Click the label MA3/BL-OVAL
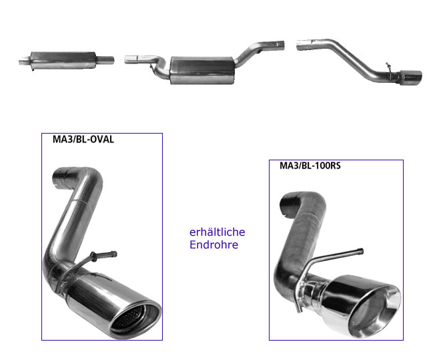(x=83, y=139)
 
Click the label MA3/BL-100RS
(x=310, y=166)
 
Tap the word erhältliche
(x=217, y=232)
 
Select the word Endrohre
(x=214, y=244)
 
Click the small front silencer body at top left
(x=63, y=60)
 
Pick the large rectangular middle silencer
(x=203, y=70)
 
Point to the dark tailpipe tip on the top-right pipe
(x=410, y=77)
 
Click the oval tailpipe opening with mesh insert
(x=135, y=320)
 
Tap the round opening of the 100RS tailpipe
(x=374, y=311)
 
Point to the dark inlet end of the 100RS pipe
(x=290, y=203)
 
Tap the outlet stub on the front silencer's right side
(x=105, y=60)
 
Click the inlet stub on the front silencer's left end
(x=25, y=61)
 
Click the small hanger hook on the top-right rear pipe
(x=389, y=69)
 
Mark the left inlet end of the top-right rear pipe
(x=303, y=45)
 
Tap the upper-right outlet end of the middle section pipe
(x=278, y=46)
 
